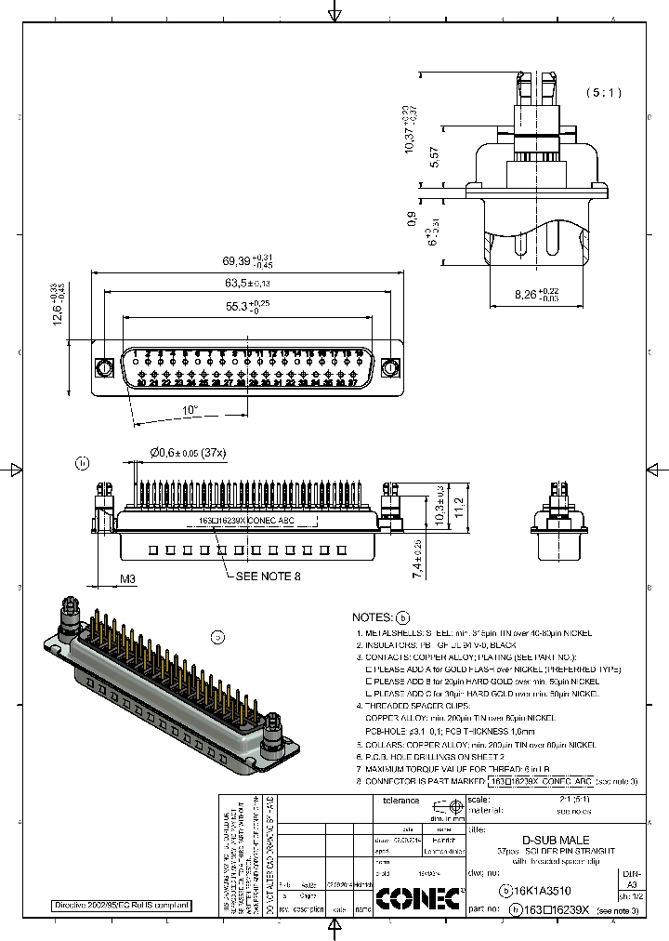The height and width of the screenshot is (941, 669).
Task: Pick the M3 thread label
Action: click(128, 579)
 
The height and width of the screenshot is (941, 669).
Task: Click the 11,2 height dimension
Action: click(457, 506)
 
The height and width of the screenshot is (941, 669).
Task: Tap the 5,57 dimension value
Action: click(436, 157)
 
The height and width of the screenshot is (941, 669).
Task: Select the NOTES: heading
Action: click(374, 617)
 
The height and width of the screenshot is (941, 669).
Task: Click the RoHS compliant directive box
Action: click(121, 905)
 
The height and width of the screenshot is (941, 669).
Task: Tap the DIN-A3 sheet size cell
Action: click(631, 881)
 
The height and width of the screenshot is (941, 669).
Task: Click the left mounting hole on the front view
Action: click(102, 368)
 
